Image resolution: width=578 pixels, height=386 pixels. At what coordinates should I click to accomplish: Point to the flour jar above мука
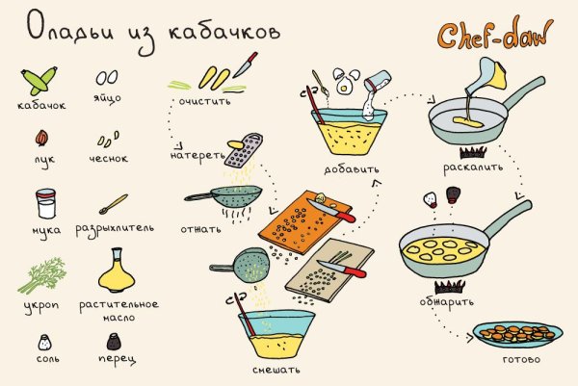(44, 204)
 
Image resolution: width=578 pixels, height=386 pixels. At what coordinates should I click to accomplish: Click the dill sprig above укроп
(40, 264)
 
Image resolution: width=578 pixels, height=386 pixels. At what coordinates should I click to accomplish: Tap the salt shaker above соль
(43, 341)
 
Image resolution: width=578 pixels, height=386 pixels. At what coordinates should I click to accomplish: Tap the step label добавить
(353, 170)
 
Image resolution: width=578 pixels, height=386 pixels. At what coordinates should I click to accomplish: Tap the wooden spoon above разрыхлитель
(114, 204)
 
